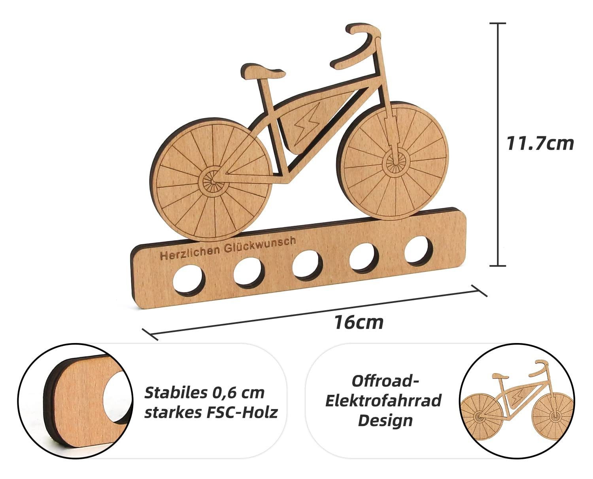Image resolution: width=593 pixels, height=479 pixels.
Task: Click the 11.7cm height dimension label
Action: (x=540, y=143)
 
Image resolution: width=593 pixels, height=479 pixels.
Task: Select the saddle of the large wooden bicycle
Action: (x=264, y=72)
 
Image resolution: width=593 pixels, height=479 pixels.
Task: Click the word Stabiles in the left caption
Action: (x=174, y=393)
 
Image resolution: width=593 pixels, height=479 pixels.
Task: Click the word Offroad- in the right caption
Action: (x=385, y=381)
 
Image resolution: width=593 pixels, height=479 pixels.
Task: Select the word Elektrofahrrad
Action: (x=383, y=401)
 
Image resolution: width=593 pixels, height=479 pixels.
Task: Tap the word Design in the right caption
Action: (x=385, y=420)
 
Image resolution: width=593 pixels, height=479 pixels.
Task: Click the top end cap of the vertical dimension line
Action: (x=498, y=24)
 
